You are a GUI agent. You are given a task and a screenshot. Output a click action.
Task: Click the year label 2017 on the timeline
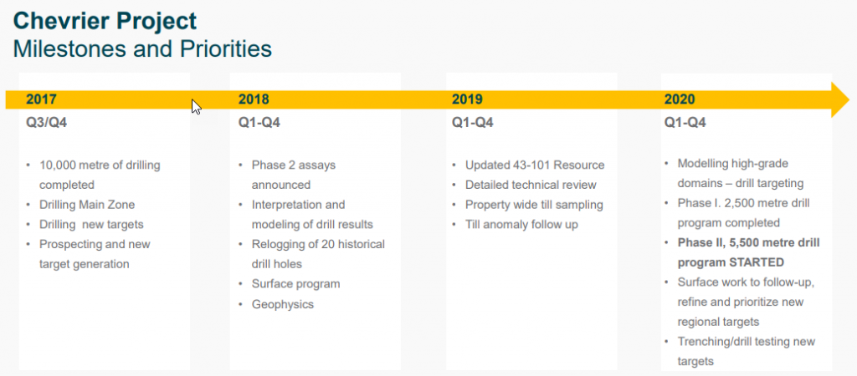pos(41,99)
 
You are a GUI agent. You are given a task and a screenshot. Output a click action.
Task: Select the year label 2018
pos(254,99)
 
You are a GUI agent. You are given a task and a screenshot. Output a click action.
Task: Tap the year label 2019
pos(467,99)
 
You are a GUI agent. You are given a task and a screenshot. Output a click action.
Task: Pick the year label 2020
pos(680,99)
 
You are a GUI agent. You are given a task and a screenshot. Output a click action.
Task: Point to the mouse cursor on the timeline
pos(196,106)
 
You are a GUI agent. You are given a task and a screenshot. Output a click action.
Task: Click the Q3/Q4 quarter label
pos(47,123)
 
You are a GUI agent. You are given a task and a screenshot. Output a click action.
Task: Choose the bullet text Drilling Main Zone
pos(87,206)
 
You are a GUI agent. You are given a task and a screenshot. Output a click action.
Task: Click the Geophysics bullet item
pos(283,304)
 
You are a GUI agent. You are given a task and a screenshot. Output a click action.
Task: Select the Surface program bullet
pos(295,284)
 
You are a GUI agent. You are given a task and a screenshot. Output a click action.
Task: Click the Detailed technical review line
pos(531,185)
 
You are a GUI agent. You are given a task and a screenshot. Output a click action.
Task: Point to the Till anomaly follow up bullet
pos(521,225)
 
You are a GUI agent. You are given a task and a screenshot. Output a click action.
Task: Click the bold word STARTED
pos(757,262)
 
